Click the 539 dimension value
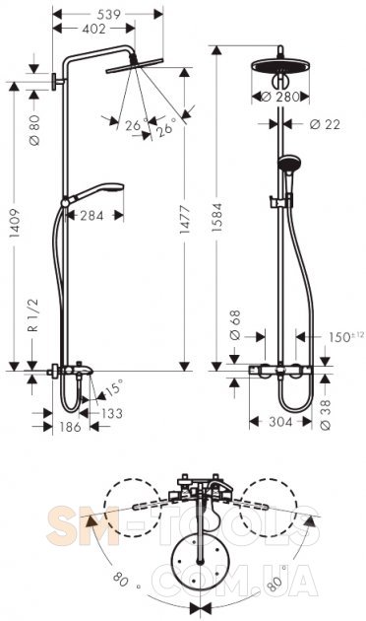click(x=108, y=14)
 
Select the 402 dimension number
click(x=94, y=29)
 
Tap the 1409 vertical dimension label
click(x=15, y=223)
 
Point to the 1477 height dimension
click(x=185, y=219)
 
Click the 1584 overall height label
click(x=217, y=217)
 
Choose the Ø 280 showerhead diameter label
click(x=281, y=97)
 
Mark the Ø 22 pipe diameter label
click(x=325, y=124)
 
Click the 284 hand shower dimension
click(x=91, y=216)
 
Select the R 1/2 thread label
click(x=34, y=315)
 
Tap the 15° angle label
click(x=115, y=387)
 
